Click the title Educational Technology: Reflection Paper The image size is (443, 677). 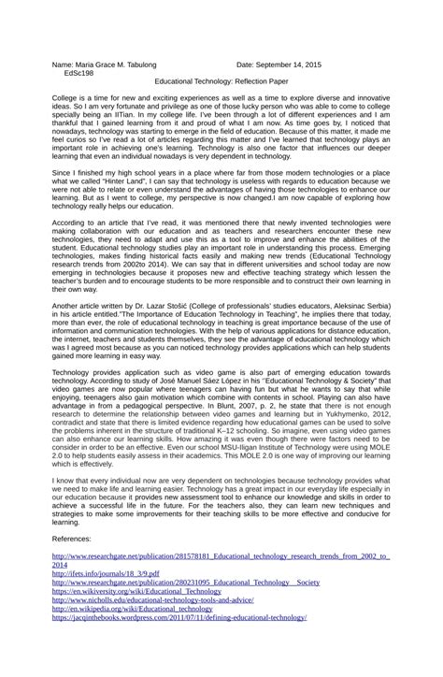pyautogui.click(x=221, y=82)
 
